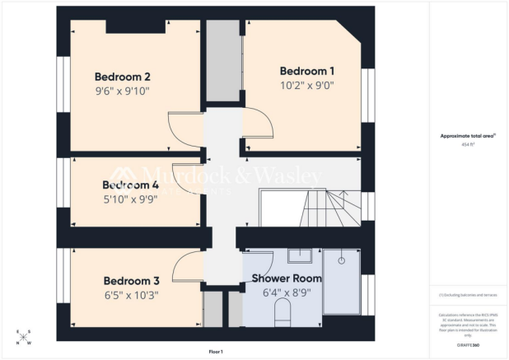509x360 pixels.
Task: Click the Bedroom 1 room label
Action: (306, 70)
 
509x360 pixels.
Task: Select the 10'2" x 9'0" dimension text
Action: (306, 84)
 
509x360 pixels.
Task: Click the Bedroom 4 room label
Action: (129, 185)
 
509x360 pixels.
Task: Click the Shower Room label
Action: (287, 278)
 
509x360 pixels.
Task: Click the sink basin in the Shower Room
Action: (303, 255)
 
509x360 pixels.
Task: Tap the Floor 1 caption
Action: (216, 352)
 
